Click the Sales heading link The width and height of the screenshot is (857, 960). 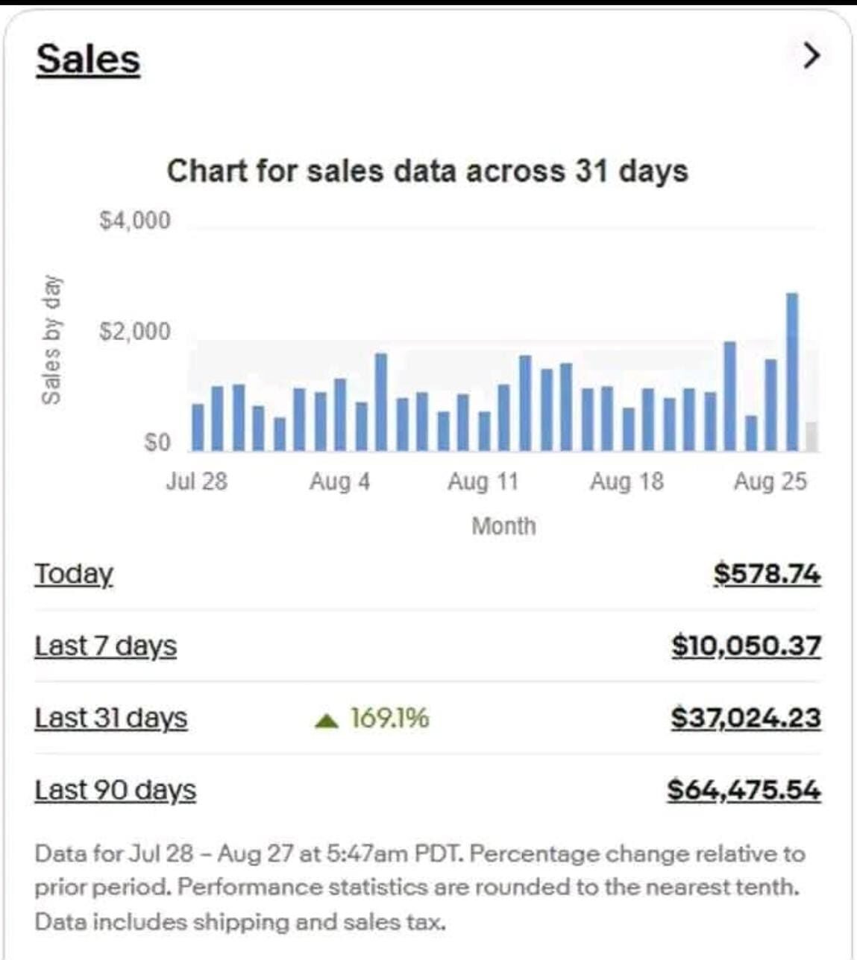point(88,59)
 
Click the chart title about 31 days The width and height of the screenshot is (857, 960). point(427,171)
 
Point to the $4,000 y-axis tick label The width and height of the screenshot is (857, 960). point(135,221)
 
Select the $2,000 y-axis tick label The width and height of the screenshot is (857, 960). point(135,331)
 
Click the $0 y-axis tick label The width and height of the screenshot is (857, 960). point(157,443)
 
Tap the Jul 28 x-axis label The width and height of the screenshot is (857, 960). point(196,481)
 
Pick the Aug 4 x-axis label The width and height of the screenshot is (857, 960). point(339,481)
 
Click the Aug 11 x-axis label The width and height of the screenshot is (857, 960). point(483,481)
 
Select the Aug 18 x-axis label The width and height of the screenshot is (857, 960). point(627,481)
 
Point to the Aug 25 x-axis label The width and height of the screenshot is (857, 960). point(770,481)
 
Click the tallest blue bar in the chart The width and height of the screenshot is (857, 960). point(792,373)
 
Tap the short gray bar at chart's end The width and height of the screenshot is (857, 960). point(812,437)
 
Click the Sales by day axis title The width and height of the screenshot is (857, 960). point(51,340)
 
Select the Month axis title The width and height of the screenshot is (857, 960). point(503,526)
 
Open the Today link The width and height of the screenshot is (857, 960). point(74,574)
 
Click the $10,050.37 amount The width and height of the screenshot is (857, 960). point(746,645)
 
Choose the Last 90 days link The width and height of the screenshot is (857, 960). point(115,790)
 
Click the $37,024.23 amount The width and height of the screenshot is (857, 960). point(746,718)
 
